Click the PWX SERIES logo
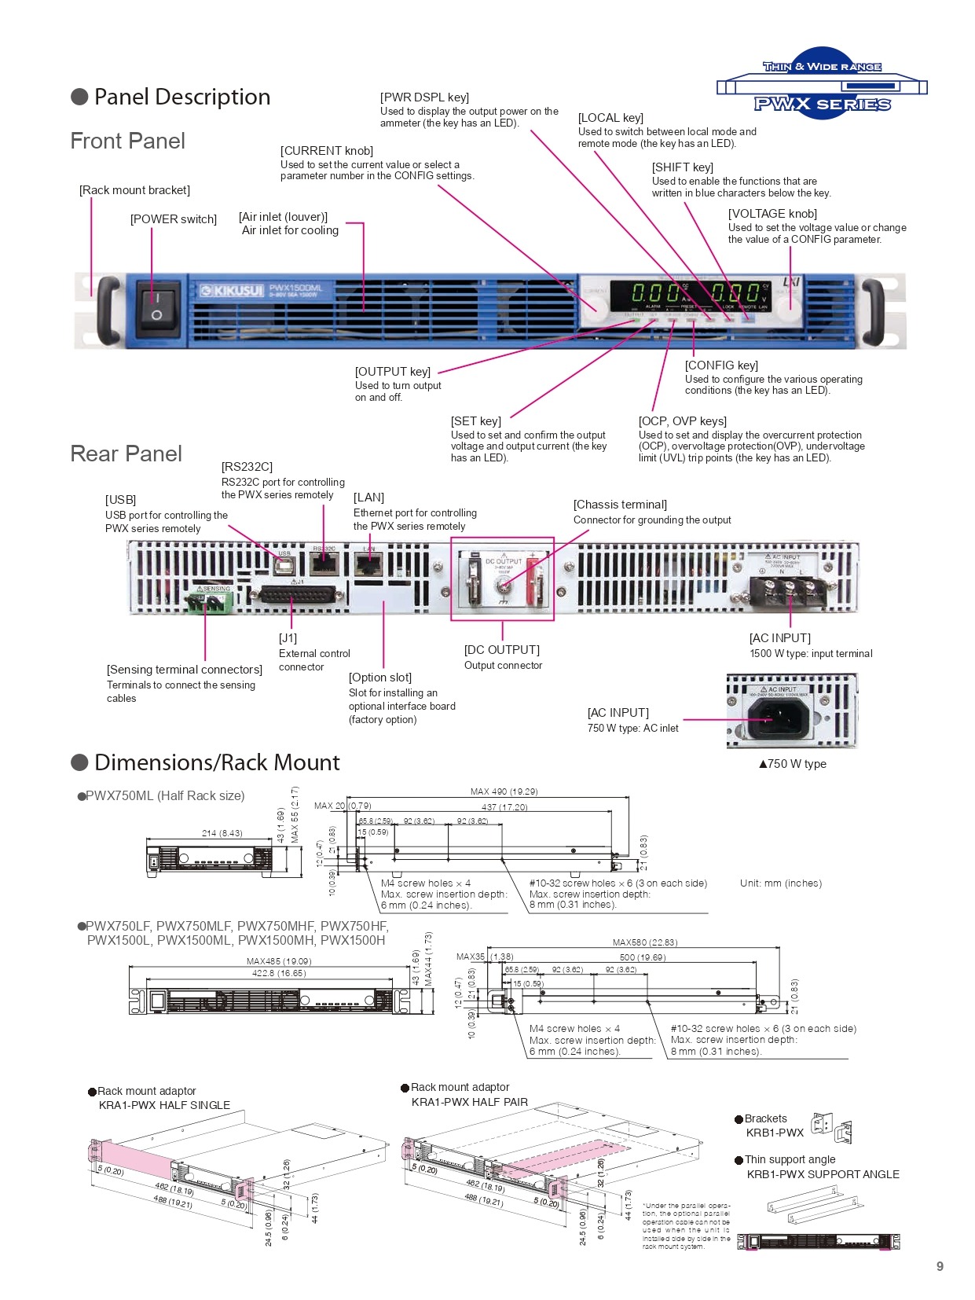[x=822, y=103]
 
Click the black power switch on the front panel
[x=157, y=307]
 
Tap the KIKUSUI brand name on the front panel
[x=232, y=291]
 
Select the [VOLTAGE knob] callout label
[x=772, y=214]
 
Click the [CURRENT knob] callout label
[x=327, y=151]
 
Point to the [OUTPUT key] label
[x=393, y=372]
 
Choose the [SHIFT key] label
[x=682, y=167]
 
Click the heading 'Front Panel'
[x=127, y=141]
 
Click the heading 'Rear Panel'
[x=126, y=454]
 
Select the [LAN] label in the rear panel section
[x=368, y=498]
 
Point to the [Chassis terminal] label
[x=620, y=505]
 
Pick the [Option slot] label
[x=380, y=678]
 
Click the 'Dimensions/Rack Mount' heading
[x=216, y=763]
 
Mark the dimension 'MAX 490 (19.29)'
[x=504, y=791]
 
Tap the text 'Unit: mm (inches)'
[x=780, y=883]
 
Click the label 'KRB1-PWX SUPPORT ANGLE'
[x=823, y=1174]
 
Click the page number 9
[x=940, y=1266]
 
